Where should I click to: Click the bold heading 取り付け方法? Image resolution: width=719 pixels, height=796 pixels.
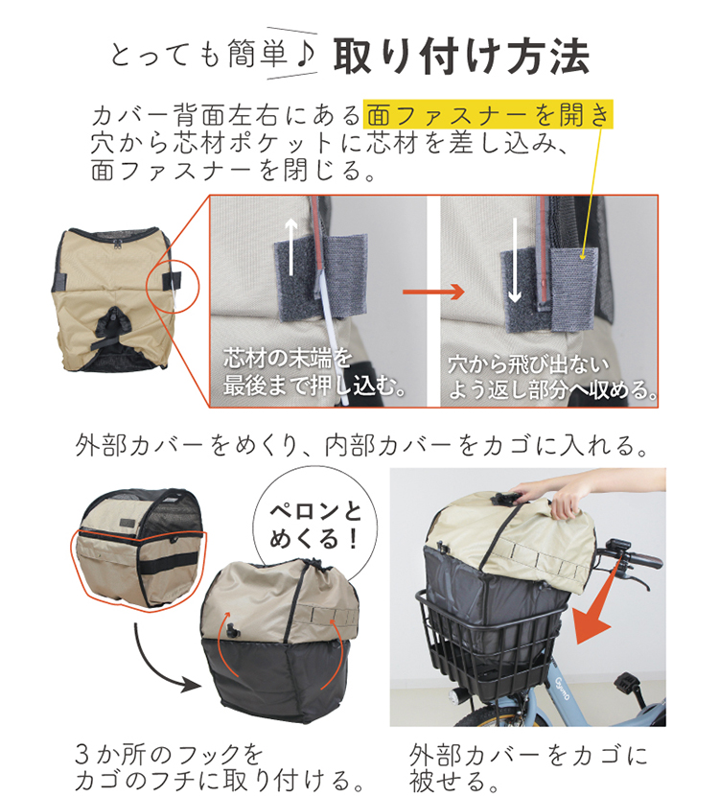pos(461,57)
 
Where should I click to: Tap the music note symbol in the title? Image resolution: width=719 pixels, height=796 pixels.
pos(307,54)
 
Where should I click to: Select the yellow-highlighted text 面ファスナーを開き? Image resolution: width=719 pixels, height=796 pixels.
pos(489,114)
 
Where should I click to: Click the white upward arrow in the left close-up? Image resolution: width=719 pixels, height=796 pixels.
pos(291,246)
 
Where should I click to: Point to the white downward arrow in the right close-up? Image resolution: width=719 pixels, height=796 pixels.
pos(515,261)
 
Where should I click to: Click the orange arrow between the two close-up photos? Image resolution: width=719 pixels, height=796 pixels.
pos(433,292)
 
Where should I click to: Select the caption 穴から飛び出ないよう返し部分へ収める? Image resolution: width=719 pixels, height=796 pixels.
pos(551,378)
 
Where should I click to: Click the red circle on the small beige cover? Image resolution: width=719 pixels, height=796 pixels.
pos(173,287)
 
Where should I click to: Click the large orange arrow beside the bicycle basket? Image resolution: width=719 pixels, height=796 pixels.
pos(597,602)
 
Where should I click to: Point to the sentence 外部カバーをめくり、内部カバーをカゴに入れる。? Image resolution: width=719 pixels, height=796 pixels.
pos(362,446)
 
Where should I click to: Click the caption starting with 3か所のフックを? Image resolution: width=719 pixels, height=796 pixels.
pos(220,767)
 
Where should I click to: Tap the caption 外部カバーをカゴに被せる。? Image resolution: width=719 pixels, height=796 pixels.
pos(528,767)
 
